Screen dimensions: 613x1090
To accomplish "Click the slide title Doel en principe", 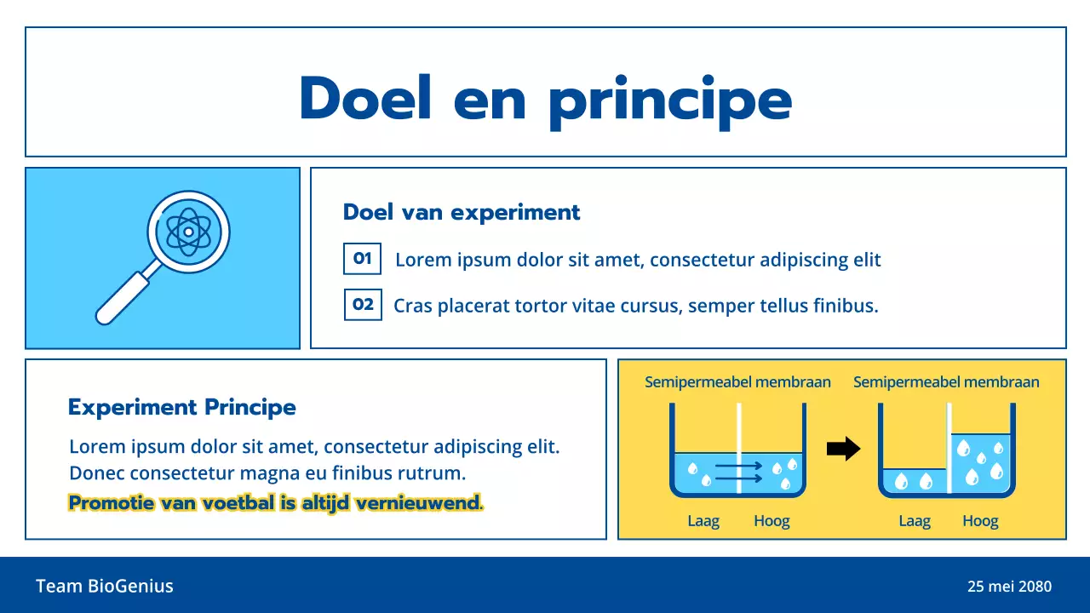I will [545, 99].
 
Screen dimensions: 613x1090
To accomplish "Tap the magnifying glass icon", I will [163, 256].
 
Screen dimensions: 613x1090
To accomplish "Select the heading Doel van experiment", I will [462, 212].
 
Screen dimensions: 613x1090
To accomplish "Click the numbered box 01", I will [362, 259].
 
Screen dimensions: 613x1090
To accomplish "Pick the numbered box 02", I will [363, 304].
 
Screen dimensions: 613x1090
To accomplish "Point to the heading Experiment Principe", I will [181, 407].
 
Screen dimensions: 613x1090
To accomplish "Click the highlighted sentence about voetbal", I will [275, 503].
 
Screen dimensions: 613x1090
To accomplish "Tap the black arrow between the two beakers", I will [843, 449].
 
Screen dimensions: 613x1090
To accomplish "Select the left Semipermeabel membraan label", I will [737, 382].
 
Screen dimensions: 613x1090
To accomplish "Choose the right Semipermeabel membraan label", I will [946, 382].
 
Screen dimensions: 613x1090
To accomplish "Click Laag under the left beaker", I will [703, 521].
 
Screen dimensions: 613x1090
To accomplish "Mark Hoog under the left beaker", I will [772, 521].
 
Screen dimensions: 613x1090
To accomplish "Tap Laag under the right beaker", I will [915, 521].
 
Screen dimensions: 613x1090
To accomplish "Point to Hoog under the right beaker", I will [980, 521].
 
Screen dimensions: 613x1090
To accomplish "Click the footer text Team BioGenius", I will [105, 586].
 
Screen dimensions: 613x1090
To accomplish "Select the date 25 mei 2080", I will [1009, 587].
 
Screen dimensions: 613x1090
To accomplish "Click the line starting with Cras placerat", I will [635, 306].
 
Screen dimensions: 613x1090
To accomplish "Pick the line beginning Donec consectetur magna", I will [267, 473].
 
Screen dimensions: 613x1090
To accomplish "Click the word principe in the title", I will [669, 100].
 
